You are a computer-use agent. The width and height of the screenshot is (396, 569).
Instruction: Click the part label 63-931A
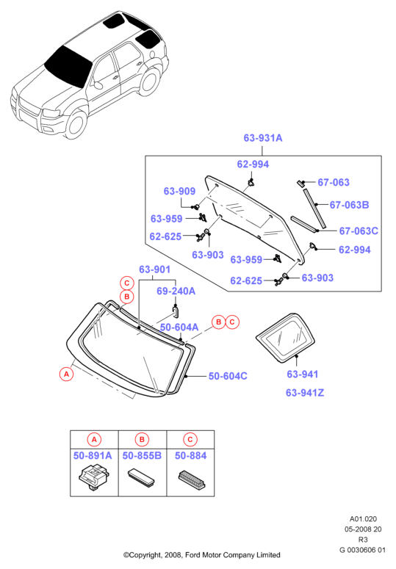coord(263,138)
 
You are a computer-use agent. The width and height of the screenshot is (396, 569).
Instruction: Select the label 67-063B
coord(349,205)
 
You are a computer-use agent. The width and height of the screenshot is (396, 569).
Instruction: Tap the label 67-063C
coord(359,231)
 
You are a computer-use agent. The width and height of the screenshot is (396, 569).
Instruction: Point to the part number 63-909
coord(179,191)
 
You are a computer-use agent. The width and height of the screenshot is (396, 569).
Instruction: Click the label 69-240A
coord(176,291)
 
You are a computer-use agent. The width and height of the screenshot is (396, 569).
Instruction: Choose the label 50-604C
coord(228,376)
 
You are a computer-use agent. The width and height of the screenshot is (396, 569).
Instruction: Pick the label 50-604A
coord(179,327)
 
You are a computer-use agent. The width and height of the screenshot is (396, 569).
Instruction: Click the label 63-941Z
coord(305,393)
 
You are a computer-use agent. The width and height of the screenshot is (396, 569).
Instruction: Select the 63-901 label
coord(154,269)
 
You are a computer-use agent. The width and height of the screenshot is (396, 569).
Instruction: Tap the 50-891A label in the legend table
coord(93,455)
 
